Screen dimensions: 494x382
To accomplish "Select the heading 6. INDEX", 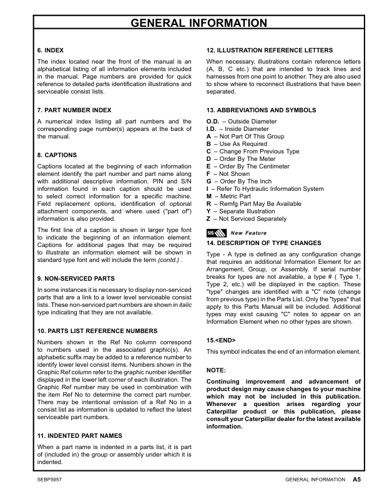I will [51, 49].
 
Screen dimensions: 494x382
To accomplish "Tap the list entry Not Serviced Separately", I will [250, 219].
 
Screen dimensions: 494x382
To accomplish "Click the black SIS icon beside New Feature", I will [212, 233].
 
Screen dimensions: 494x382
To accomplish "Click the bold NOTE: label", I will [216, 370].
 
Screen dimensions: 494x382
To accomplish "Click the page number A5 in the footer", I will [357, 480].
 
